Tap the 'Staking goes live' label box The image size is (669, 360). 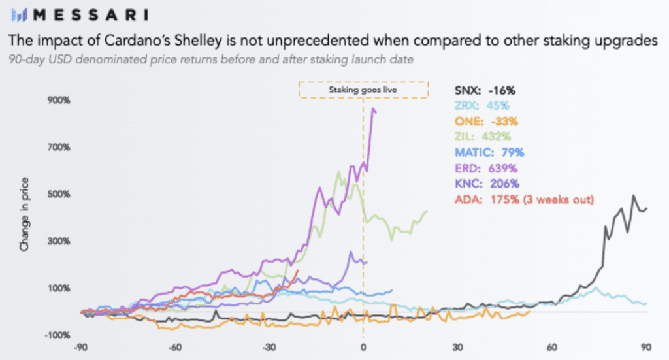coord(363,90)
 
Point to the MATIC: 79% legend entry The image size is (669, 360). coord(488,152)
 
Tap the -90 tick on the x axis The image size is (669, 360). coord(82,348)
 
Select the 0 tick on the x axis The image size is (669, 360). coord(363,348)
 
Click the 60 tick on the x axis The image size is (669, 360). coord(552,348)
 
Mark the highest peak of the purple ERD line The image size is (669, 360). coord(373,108)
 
